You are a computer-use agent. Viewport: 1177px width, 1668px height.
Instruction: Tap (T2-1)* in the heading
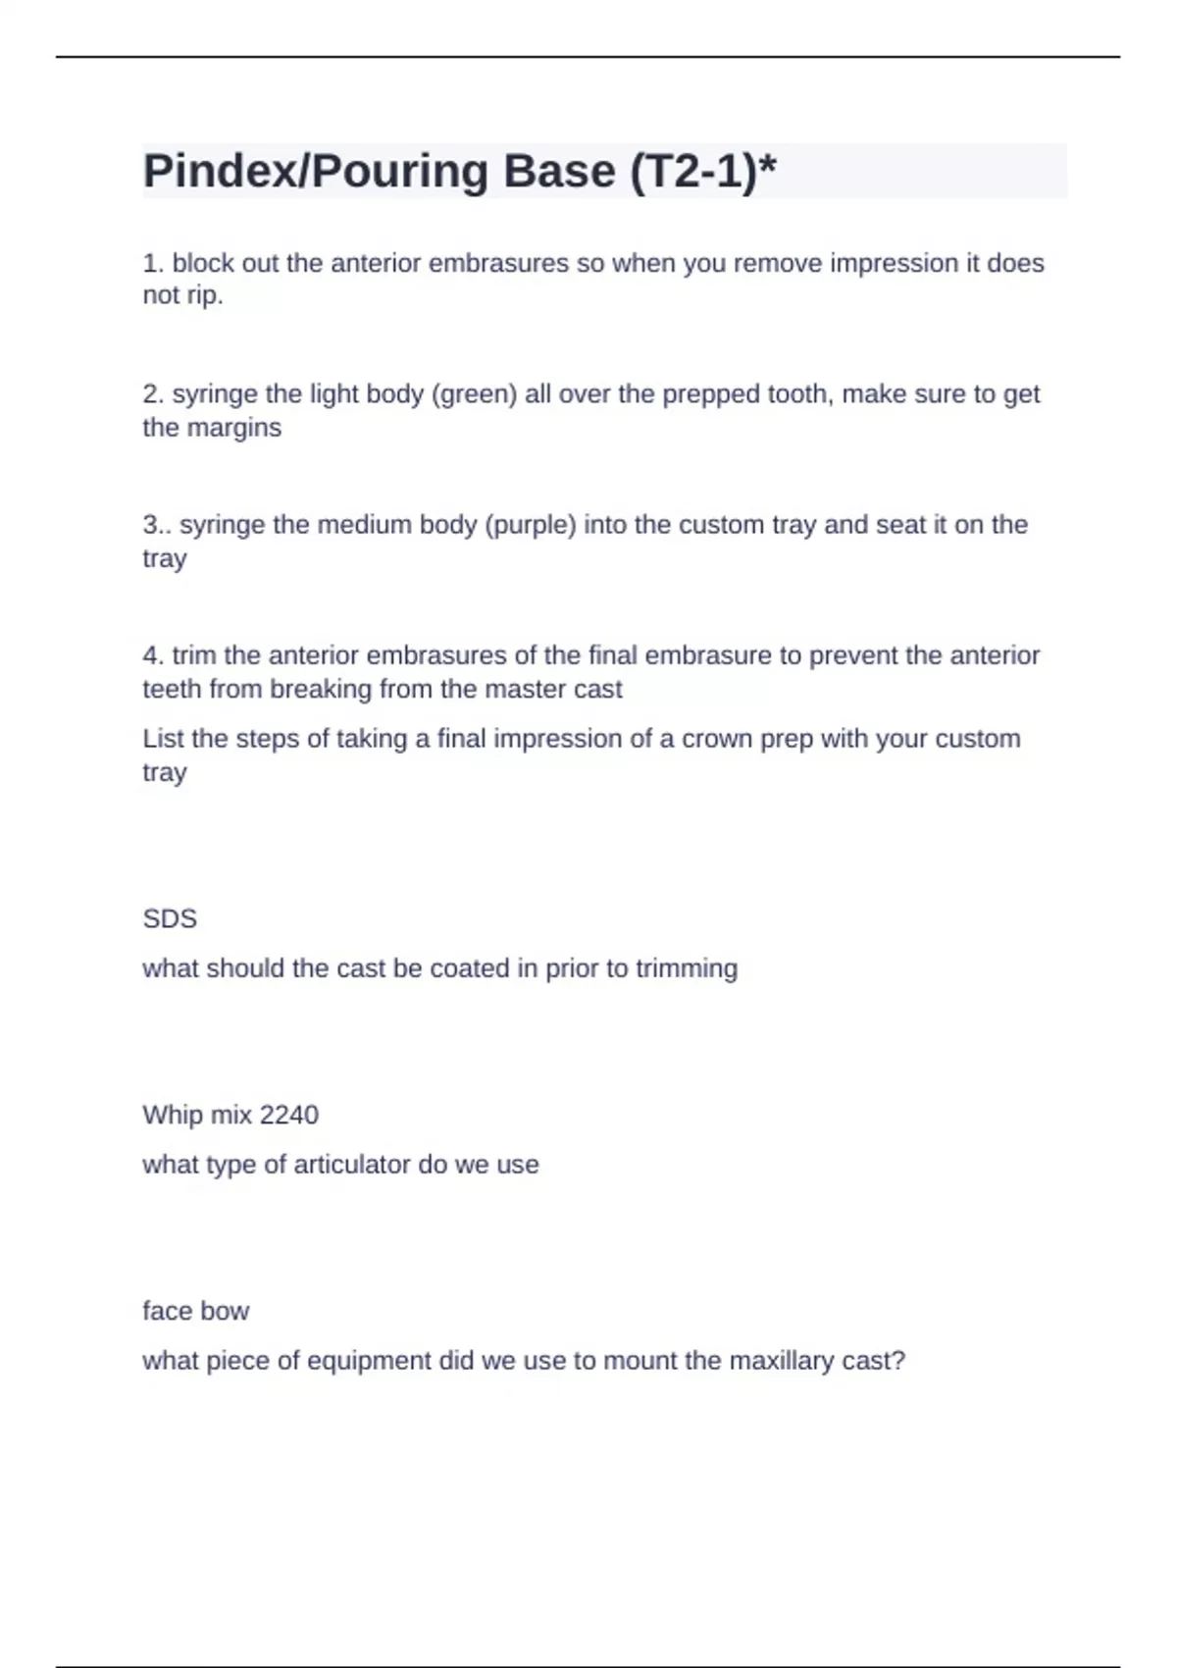coord(702,172)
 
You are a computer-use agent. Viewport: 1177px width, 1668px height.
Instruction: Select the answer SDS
coord(170,919)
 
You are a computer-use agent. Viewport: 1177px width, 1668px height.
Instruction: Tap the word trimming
coord(687,968)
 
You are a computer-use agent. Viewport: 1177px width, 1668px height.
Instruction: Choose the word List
coord(163,739)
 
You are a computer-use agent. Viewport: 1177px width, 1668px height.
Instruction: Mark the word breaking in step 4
coord(321,690)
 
